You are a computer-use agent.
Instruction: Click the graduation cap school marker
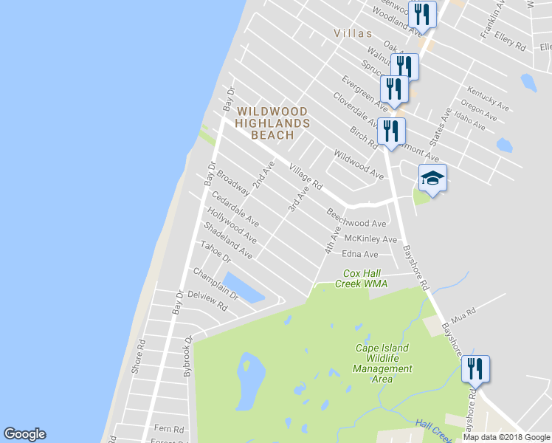pos(432,178)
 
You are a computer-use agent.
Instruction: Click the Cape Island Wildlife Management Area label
pos(382,363)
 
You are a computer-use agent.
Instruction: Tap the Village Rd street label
pos(306,175)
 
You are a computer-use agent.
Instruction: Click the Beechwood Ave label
pos(357,219)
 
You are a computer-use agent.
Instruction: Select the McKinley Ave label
pos(370,238)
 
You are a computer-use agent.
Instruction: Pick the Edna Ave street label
pos(359,255)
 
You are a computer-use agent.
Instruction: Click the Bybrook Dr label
pos(188,357)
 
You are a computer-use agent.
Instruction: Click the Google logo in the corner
pos(24,434)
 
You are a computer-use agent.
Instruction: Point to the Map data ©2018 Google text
pos(506,437)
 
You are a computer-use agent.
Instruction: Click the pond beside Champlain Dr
pos(244,287)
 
